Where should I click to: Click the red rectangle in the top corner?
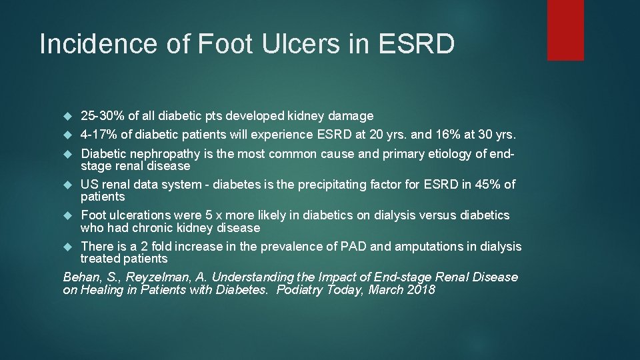(x=565, y=30)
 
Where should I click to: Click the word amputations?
(x=430, y=247)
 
